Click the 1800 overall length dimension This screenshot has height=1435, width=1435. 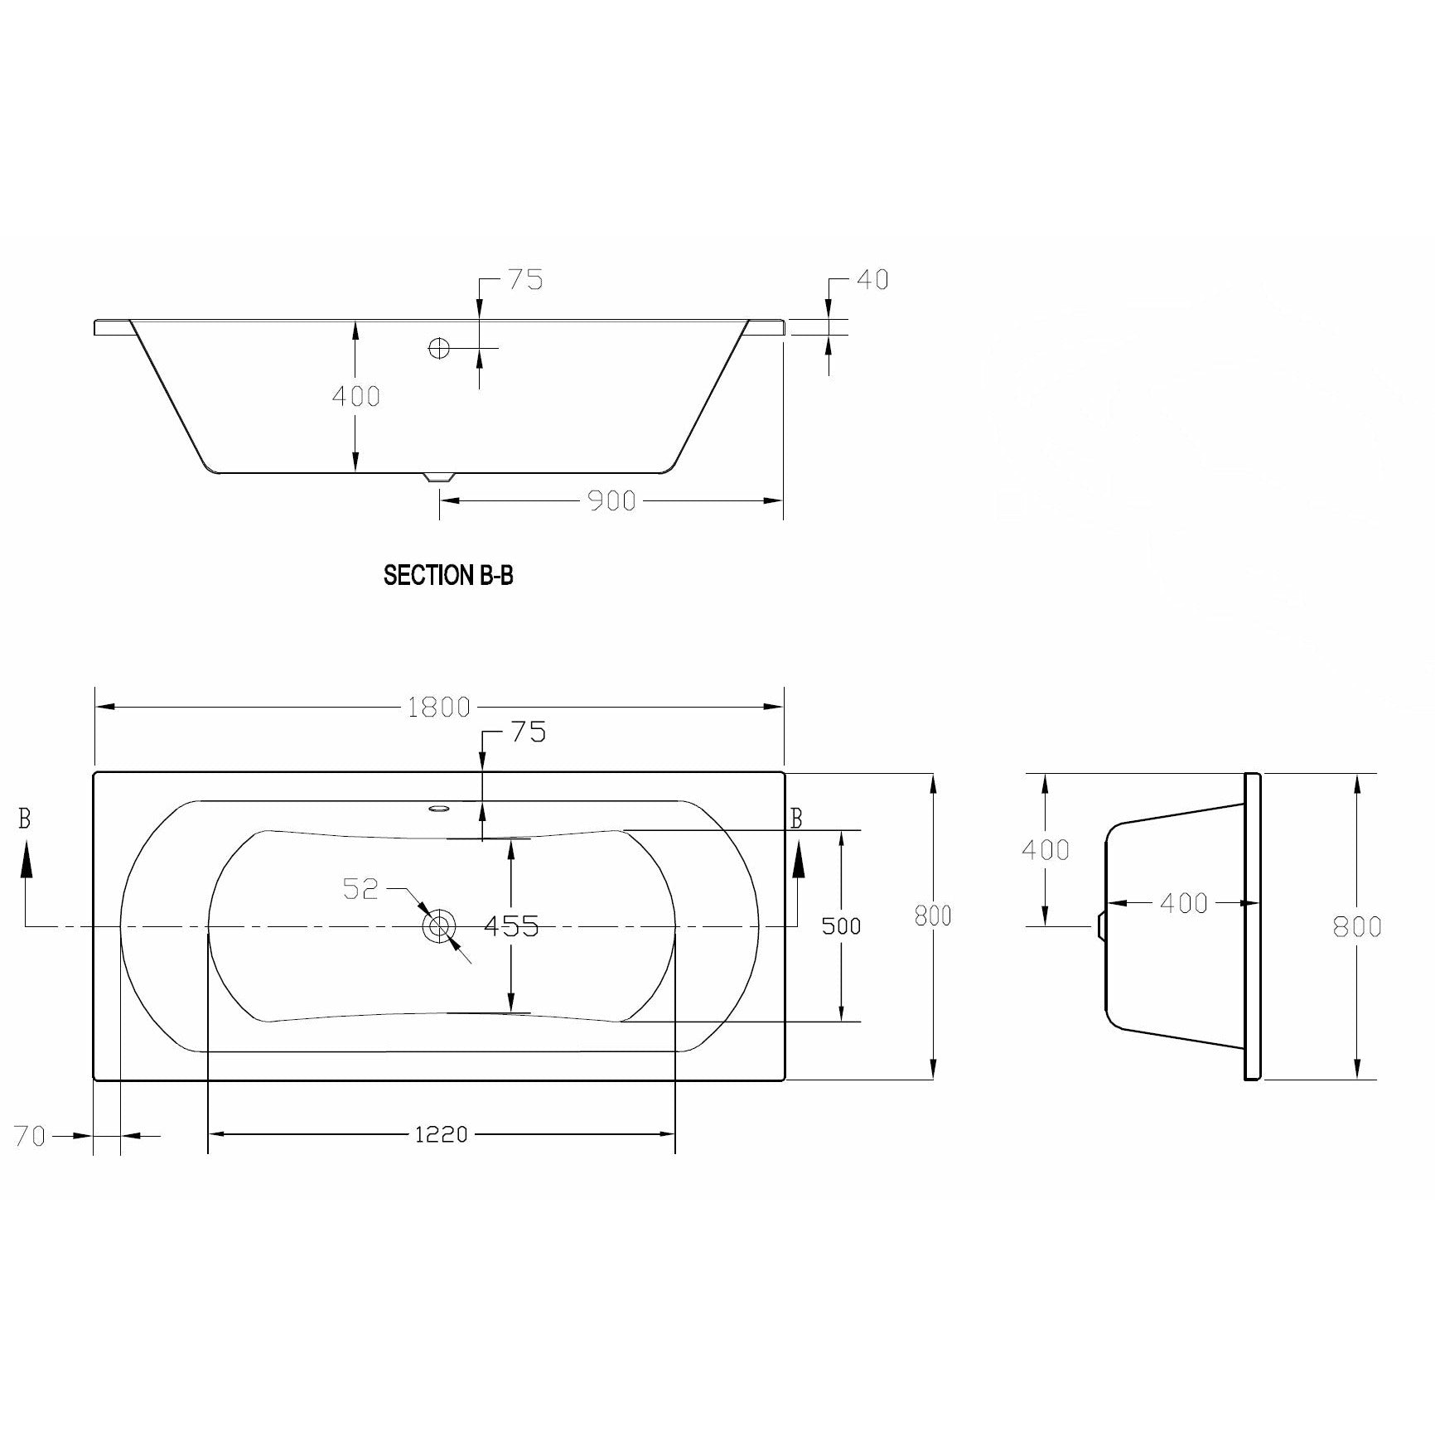click(x=438, y=707)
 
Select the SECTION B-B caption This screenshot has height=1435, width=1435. click(x=448, y=576)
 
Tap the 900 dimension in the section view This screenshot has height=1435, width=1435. click(x=611, y=500)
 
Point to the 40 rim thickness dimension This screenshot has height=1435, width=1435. click(x=872, y=280)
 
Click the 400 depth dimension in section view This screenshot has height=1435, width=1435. click(x=355, y=396)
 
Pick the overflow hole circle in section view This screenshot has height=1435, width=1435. click(x=439, y=348)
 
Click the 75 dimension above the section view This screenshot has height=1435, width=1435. click(x=525, y=280)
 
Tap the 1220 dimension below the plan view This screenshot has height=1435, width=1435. click(x=441, y=1134)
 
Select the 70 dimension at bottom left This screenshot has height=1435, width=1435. click(x=30, y=1136)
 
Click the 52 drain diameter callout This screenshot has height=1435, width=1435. click(x=360, y=889)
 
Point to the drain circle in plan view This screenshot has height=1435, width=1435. click(x=439, y=925)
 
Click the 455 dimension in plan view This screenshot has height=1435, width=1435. click(x=511, y=925)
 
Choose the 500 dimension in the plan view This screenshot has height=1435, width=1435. click(x=841, y=925)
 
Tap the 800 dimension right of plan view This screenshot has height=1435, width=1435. click(x=933, y=916)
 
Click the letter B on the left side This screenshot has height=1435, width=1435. click(x=25, y=819)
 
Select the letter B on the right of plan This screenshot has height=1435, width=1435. click(x=796, y=819)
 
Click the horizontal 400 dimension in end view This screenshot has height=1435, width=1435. click(x=1183, y=903)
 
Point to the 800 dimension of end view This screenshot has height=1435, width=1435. click(x=1356, y=925)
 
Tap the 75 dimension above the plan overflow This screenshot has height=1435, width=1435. click(x=528, y=732)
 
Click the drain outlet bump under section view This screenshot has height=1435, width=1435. click(x=439, y=478)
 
